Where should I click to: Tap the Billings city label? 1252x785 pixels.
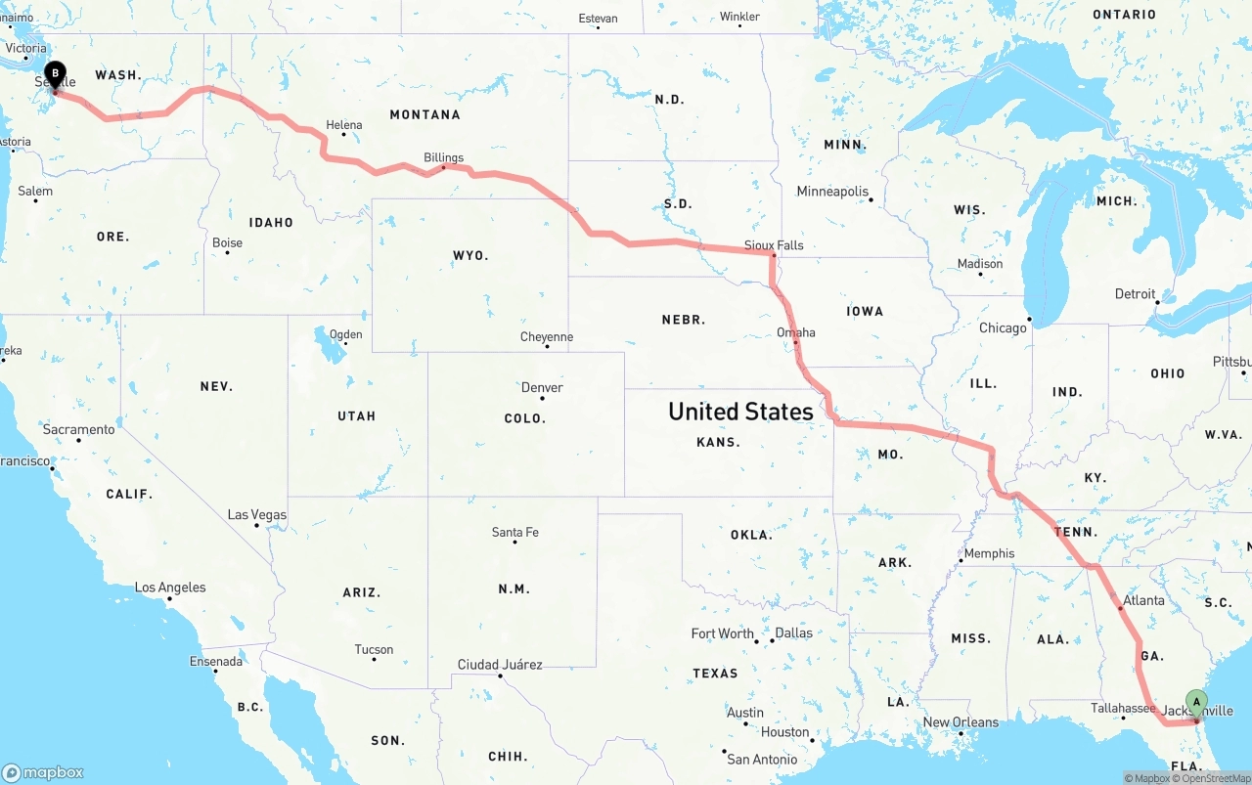tap(443, 157)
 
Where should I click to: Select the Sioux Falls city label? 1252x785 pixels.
tap(774, 245)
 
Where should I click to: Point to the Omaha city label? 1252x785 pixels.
tap(795, 332)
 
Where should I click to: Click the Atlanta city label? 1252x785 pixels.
tap(1143, 600)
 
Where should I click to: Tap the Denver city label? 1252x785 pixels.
tap(542, 387)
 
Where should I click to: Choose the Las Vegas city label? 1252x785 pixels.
tap(256, 514)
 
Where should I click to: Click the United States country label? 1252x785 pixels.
tap(740, 412)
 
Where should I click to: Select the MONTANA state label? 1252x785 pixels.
tap(425, 114)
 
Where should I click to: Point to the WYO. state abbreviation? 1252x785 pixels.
tap(470, 255)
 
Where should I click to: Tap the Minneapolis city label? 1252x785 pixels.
tap(831, 191)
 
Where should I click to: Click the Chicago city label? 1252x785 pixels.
tap(1003, 327)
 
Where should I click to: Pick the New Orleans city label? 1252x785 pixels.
tap(961, 722)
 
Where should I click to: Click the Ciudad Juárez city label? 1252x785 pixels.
tap(500, 665)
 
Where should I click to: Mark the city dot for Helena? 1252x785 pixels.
tap(343, 135)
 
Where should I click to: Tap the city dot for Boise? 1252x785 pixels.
tap(227, 254)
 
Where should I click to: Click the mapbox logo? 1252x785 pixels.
tap(43, 772)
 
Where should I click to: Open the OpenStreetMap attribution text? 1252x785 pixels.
tap(1215, 778)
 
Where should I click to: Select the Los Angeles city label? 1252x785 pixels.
tap(170, 588)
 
